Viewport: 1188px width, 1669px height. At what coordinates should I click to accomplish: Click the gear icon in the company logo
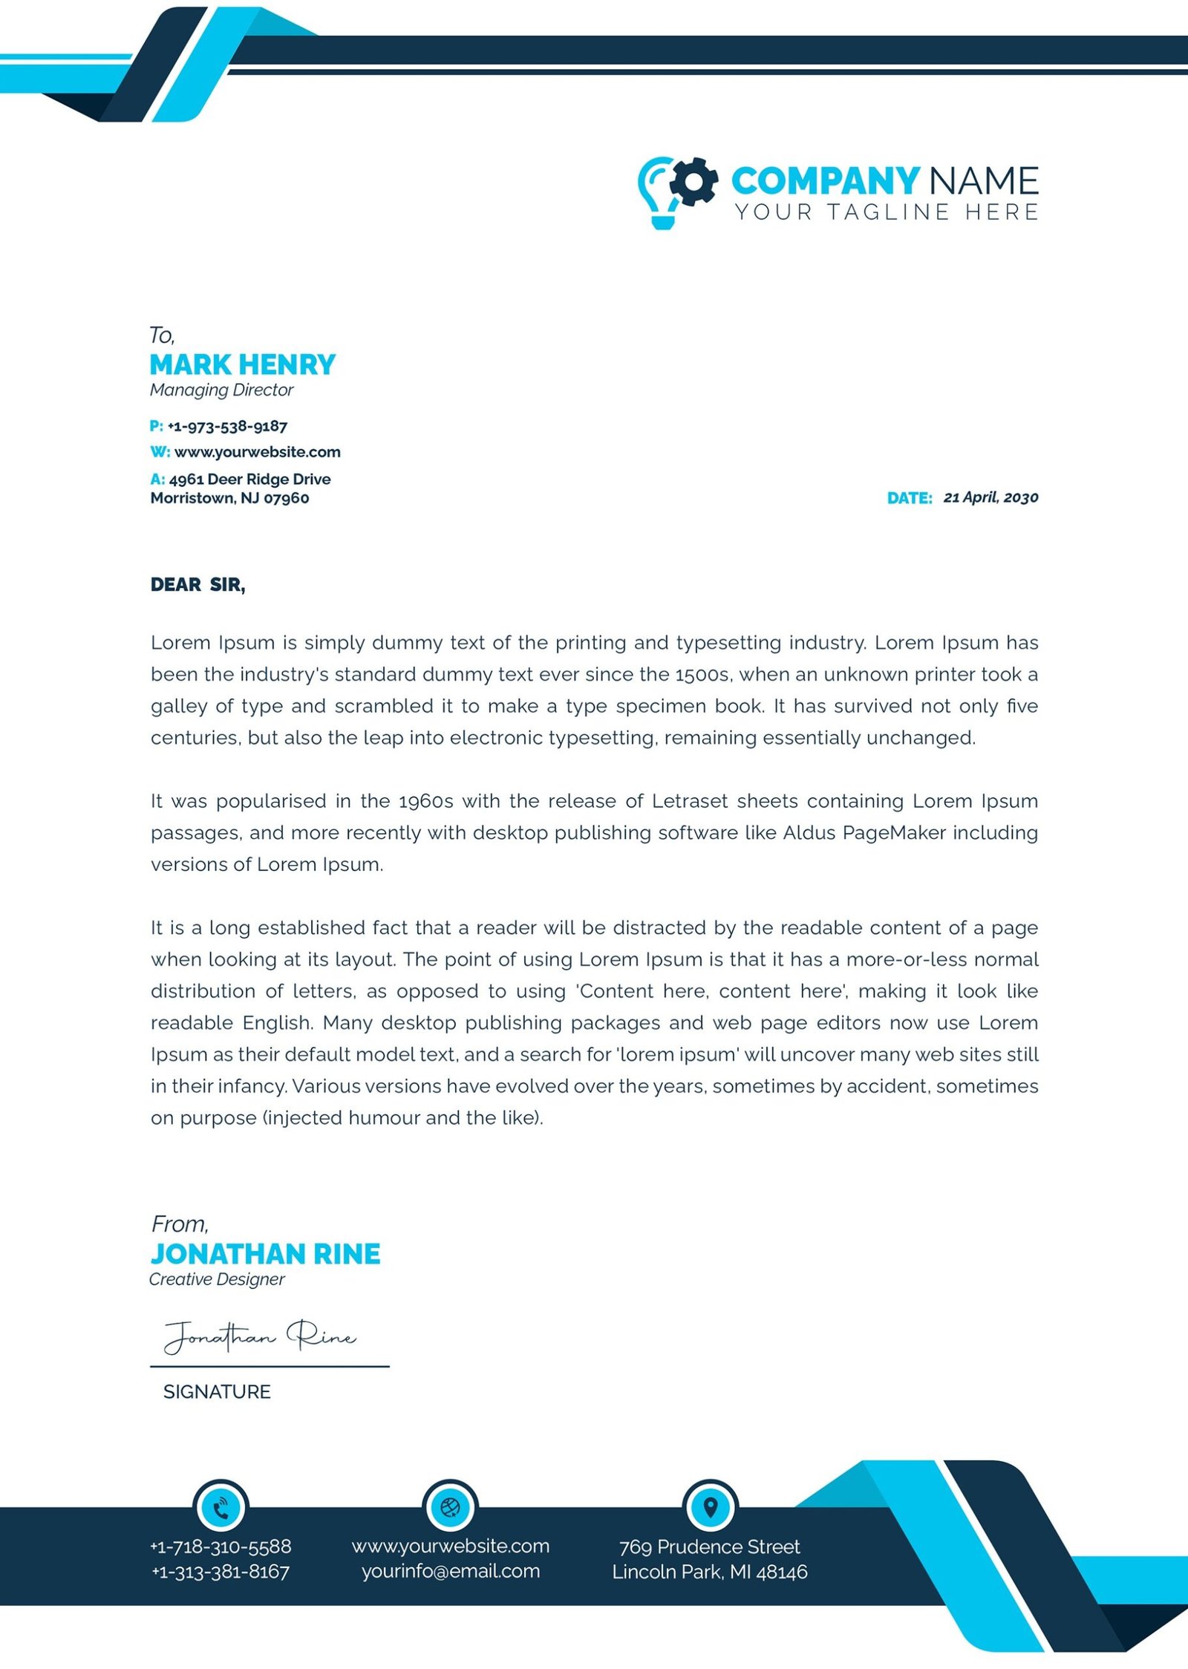point(693,181)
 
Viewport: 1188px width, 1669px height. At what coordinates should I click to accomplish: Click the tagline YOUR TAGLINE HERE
point(887,212)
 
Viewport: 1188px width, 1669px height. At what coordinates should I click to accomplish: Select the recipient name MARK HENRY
point(243,365)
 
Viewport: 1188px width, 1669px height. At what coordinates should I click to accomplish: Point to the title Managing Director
point(221,390)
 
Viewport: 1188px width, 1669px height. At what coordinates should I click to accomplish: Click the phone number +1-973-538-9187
point(227,426)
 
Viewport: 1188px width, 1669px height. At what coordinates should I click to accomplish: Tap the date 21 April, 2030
point(990,497)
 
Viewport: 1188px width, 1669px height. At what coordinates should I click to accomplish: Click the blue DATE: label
point(910,498)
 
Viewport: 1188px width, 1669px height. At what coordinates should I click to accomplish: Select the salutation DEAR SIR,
point(198,585)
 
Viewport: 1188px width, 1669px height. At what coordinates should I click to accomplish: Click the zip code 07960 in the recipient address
point(287,498)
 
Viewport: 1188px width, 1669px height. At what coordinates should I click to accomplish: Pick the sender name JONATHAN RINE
point(265,1254)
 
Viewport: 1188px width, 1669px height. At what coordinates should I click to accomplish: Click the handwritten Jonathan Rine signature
point(260,1336)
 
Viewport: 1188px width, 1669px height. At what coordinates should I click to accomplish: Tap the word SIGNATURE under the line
point(217,1391)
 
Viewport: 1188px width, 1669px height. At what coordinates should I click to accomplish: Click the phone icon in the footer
point(221,1508)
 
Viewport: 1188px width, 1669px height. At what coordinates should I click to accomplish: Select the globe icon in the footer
point(450,1507)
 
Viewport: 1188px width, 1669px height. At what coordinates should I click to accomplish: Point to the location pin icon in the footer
point(710,1507)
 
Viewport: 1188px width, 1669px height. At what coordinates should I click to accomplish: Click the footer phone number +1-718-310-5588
point(221,1546)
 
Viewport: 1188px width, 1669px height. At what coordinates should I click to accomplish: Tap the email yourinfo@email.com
point(451,1571)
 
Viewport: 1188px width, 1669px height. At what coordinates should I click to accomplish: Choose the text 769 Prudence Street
point(710,1546)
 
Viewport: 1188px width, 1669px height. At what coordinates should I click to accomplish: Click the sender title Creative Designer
point(217,1279)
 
